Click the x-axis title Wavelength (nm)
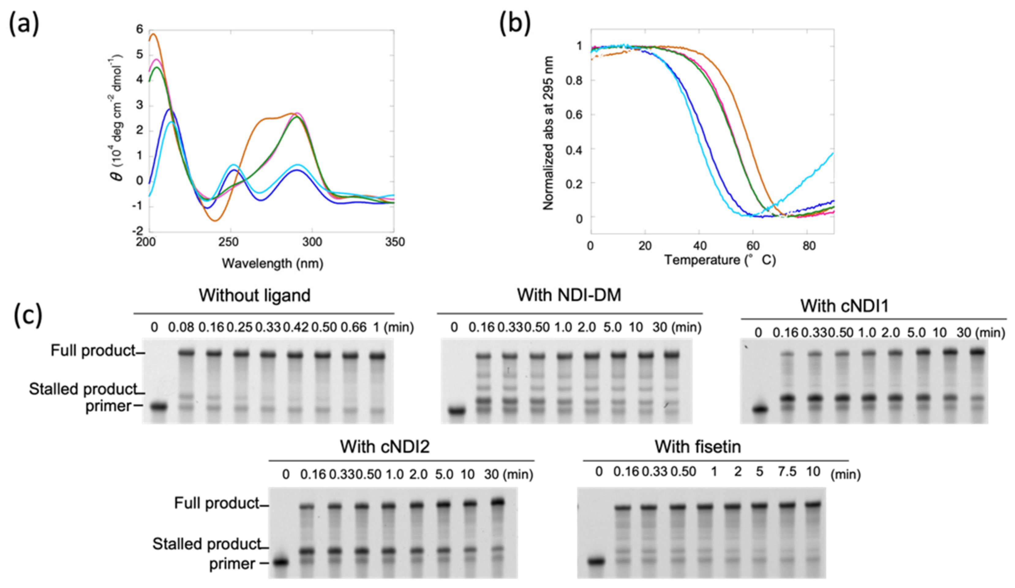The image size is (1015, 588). (x=273, y=263)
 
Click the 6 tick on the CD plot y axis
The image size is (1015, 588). (x=140, y=29)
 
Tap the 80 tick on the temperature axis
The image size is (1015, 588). (x=809, y=245)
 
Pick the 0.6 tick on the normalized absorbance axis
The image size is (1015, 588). (x=574, y=115)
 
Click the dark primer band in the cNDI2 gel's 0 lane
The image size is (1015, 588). (x=282, y=562)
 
